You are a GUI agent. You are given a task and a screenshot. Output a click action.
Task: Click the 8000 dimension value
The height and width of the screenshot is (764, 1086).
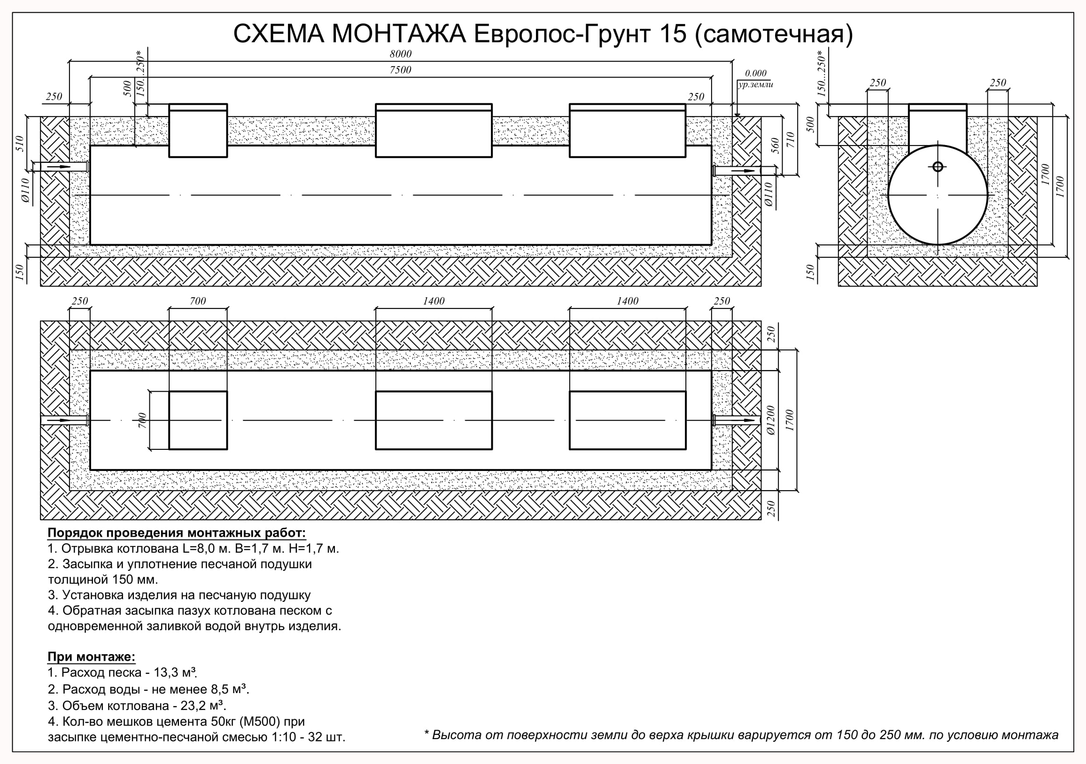(x=401, y=54)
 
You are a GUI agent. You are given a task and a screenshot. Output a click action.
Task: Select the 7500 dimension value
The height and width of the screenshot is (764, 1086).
(x=401, y=70)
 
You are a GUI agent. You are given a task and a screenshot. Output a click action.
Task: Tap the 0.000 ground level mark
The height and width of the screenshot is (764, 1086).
(x=755, y=73)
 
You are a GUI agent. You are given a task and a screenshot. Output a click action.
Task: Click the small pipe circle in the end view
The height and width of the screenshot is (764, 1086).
(x=938, y=166)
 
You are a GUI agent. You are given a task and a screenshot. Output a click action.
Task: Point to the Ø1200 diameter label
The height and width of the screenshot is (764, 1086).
(x=770, y=420)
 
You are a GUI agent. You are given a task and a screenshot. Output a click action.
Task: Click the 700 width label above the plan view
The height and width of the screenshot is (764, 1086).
(x=198, y=301)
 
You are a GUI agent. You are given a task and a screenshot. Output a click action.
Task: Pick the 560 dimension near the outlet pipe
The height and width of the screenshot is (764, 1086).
(x=775, y=145)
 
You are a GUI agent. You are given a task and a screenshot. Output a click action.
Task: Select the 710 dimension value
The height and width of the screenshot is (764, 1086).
(x=790, y=139)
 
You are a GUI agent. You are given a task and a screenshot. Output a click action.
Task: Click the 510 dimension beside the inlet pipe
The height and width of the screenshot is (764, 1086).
(x=19, y=144)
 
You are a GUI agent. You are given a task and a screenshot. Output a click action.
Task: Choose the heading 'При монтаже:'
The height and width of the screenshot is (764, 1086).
(x=91, y=656)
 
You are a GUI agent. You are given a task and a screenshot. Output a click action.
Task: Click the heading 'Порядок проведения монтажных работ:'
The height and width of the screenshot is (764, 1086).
(x=177, y=533)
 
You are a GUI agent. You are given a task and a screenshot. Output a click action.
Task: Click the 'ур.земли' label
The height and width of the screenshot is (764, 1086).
(x=755, y=85)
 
